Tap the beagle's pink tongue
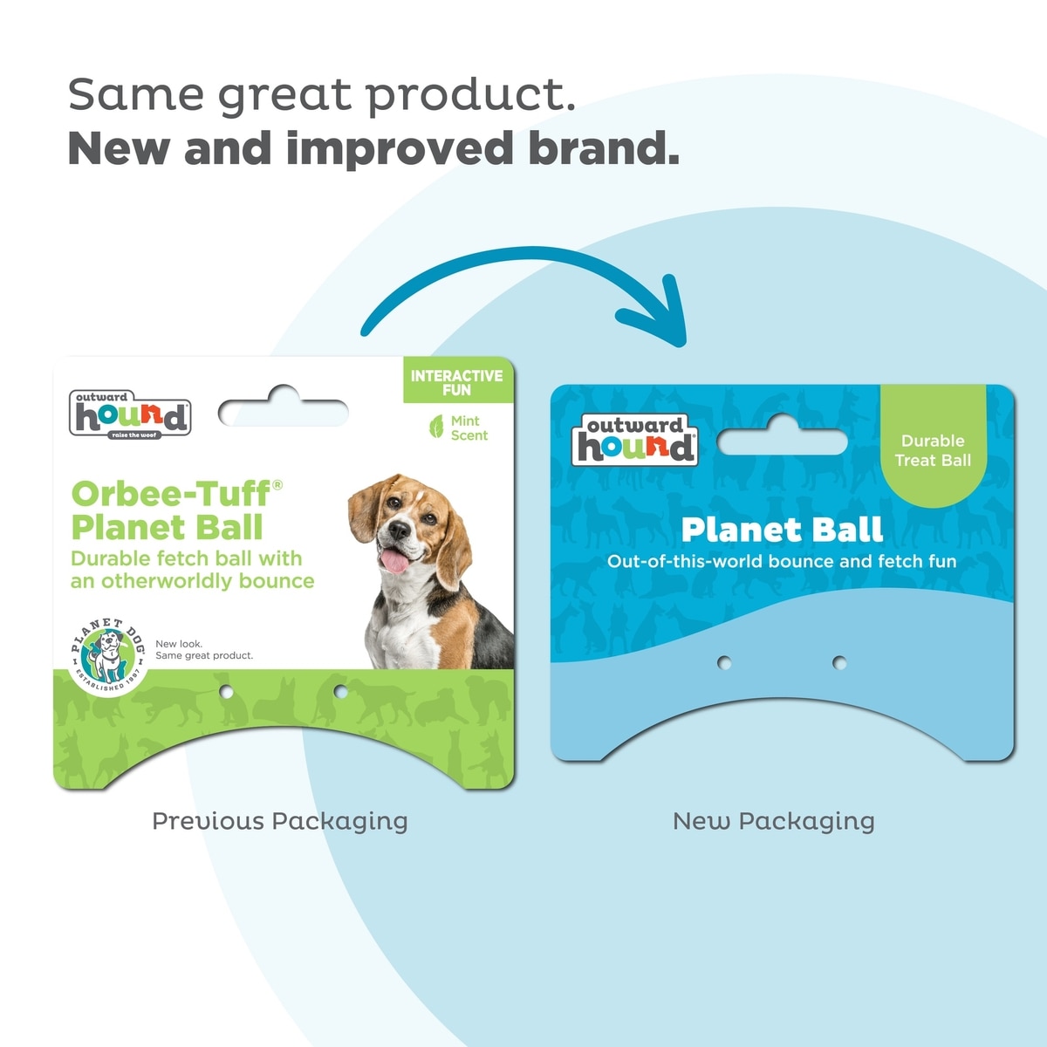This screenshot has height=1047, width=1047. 395,561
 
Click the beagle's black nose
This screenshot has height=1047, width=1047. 400,530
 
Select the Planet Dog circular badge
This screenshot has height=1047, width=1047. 108,657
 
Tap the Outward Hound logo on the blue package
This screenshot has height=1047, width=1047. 634,440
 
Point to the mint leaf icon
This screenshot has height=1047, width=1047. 436,427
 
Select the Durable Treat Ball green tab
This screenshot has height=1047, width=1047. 933,446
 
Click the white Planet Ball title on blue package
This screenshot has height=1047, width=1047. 782,530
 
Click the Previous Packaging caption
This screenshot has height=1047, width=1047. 280,822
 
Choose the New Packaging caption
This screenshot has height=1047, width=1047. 774,822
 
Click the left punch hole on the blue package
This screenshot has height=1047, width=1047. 724,662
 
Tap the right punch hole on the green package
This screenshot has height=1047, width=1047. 340,692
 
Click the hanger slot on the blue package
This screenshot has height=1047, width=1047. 783,435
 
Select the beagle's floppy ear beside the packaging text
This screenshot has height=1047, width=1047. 366,509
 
